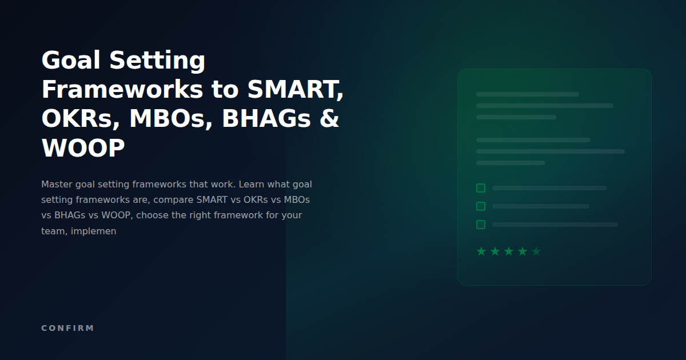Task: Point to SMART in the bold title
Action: pyautogui.click(x=295, y=90)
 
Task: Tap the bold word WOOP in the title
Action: pyautogui.click(x=83, y=149)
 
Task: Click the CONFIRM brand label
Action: pyautogui.click(x=67, y=328)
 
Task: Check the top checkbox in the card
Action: pyautogui.click(x=481, y=188)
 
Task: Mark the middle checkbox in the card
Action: pyautogui.click(x=481, y=206)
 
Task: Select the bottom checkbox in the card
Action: pyautogui.click(x=481, y=225)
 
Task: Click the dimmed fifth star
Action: pyautogui.click(x=536, y=251)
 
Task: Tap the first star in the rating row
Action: pyautogui.click(x=481, y=251)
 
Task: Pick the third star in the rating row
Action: pyautogui.click(x=509, y=251)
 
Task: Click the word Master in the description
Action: pyautogui.click(x=56, y=185)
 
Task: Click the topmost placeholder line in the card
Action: pyautogui.click(x=527, y=94)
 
